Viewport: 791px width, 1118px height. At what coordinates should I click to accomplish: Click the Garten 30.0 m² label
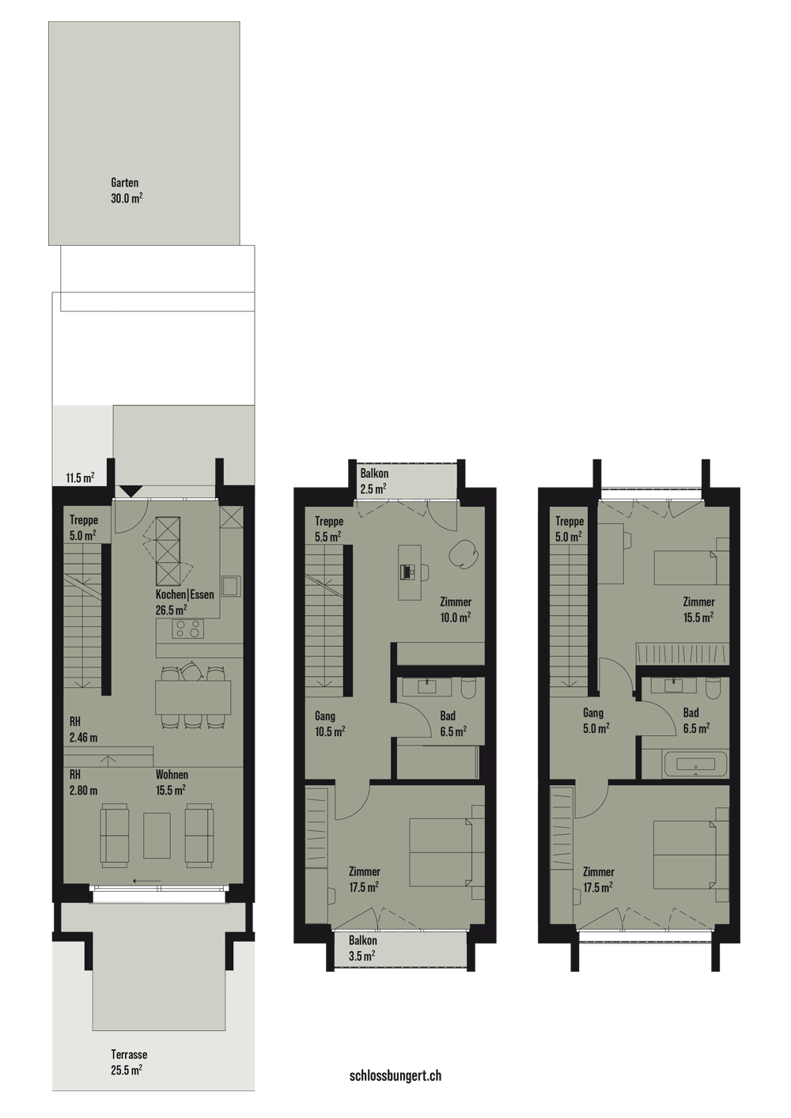[127, 191]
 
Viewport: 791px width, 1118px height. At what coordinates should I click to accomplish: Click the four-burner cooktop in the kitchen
[187, 629]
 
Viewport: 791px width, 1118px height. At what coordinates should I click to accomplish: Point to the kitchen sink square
[232, 586]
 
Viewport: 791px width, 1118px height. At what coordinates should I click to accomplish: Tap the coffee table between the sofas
[157, 835]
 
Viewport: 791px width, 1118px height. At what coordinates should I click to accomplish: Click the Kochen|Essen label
[185, 595]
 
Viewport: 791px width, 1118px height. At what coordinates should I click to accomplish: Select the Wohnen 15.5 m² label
[172, 782]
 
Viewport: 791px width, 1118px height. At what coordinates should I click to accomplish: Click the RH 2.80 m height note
[83, 782]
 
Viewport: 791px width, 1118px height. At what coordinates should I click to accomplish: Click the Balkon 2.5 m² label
[374, 481]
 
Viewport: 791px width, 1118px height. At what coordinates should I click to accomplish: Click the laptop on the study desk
[408, 572]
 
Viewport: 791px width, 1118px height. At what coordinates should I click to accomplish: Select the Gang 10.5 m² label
[330, 723]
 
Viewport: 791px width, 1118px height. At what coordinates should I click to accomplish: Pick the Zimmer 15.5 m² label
[698, 610]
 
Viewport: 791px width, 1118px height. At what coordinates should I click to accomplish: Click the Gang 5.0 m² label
[596, 720]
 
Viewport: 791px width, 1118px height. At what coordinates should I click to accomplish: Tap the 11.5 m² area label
[81, 478]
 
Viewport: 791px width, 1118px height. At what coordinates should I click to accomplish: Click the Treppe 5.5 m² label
[329, 529]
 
